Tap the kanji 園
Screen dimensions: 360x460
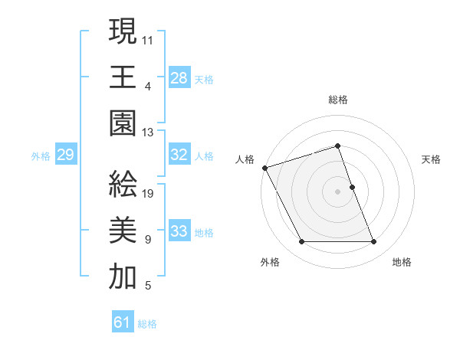click(123, 123)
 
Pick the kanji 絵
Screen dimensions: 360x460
click(123, 184)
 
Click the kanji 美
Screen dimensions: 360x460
click(123, 231)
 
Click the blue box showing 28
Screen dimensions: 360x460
click(179, 77)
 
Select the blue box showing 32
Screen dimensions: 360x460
click(179, 155)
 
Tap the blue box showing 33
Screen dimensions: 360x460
click(179, 231)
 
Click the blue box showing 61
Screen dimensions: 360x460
click(123, 322)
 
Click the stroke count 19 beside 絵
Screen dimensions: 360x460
click(149, 194)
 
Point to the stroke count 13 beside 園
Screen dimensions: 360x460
click(148, 133)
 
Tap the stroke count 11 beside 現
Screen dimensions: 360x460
click(148, 39)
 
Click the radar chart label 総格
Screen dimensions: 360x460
click(338, 100)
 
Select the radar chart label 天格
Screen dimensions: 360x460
click(432, 159)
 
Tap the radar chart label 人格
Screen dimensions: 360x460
click(245, 159)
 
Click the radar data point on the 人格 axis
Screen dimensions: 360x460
click(264, 168)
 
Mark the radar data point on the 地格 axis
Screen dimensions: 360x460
click(374, 242)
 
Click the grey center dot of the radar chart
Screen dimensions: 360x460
click(338, 191)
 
